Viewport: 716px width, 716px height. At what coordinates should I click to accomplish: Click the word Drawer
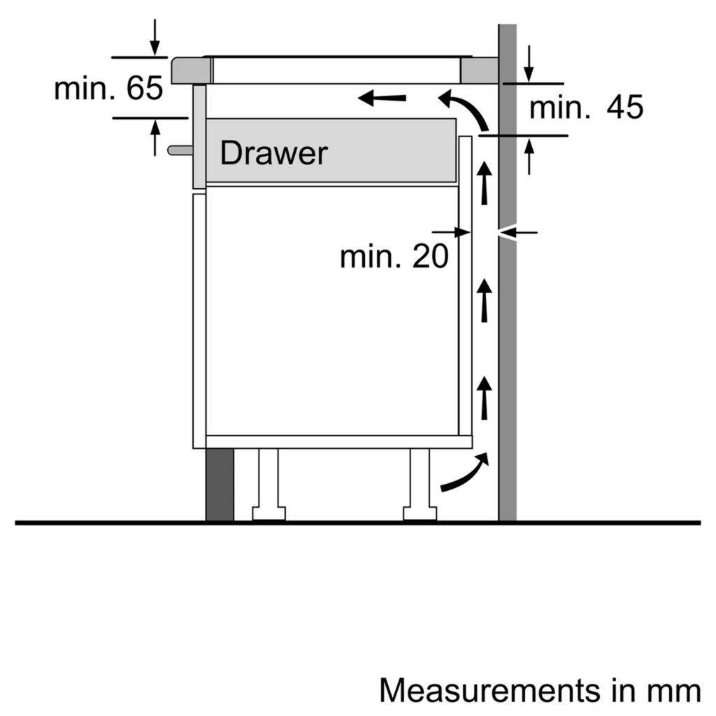[273, 153]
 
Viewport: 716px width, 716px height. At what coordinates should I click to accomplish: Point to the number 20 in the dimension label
[429, 257]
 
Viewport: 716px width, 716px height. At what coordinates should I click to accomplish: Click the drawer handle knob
[179, 149]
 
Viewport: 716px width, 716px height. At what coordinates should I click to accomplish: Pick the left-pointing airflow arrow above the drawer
[382, 99]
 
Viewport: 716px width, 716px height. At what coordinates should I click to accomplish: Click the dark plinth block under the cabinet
[220, 485]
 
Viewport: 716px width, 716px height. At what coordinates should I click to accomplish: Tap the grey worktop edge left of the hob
[190, 71]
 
